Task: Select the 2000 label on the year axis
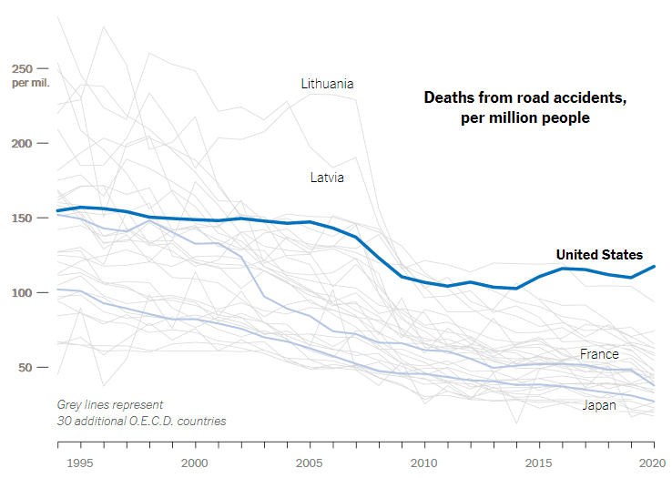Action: coord(194,463)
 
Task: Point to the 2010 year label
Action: coord(423,463)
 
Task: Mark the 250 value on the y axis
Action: coord(22,68)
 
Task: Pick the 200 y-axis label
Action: coord(22,143)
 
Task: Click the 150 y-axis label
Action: coord(22,218)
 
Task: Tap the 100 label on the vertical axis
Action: coord(22,292)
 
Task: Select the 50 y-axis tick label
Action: coord(25,367)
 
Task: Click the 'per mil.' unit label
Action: coord(30,83)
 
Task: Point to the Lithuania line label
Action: coord(327,84)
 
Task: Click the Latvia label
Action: coord(327,178)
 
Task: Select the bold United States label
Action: coord(599,255)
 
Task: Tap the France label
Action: coord(599,353)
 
